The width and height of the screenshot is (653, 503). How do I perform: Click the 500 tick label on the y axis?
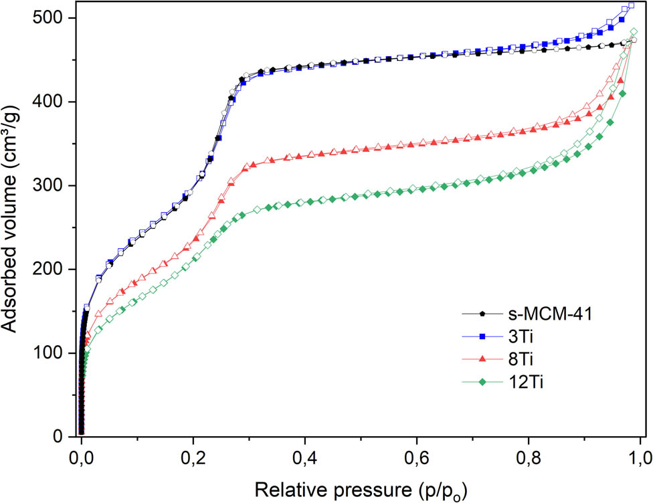pyautogui.click(x=51, y=18)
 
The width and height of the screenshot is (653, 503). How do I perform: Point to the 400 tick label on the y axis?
pyautogui.click(x=51, y=102)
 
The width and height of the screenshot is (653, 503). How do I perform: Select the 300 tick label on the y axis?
pyautogui.click(x=51, y=185)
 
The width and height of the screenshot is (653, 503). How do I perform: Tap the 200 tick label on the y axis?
pyautogui.click(x=51, y=269)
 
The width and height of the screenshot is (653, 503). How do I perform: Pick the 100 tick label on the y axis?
pyautogui.click(x=51, y=353)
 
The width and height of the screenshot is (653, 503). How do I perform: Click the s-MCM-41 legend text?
pyautogui.click(x=543, y=313)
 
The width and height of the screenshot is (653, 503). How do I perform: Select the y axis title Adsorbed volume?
pyautogui.click(x=15, y=227)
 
